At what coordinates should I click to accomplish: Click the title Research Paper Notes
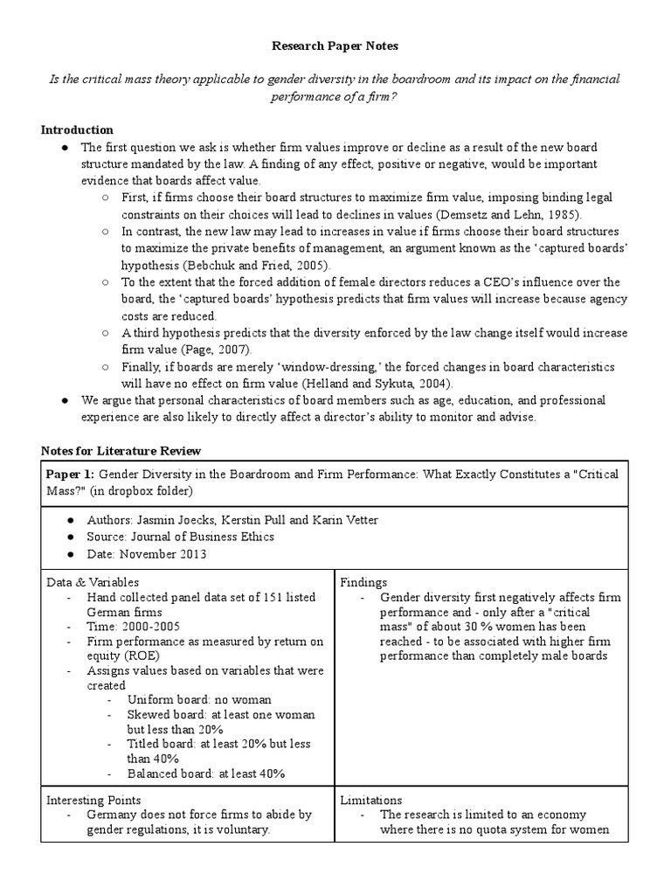coord(335,45)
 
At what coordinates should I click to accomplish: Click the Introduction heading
coord(77,130)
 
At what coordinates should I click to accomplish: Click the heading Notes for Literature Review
coord(121,451)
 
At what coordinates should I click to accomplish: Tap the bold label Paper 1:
coord(71,474)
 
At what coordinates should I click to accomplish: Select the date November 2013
coord(163,554)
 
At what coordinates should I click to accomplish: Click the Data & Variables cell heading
coord(93,581)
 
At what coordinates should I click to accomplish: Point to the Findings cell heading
coord(364,581)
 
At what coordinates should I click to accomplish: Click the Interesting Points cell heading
coord(93,800)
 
